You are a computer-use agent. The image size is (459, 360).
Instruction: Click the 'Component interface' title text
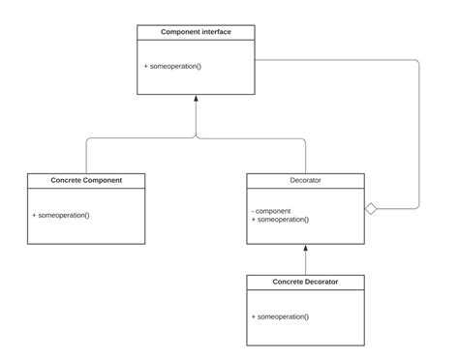196,32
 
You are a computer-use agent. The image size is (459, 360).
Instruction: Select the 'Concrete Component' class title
86,180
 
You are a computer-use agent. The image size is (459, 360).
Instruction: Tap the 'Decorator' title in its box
306,180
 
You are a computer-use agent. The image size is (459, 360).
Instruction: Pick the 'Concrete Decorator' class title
306,282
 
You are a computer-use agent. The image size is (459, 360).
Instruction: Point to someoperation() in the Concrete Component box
61,214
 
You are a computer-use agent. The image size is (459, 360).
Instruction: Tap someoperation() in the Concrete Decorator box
280,316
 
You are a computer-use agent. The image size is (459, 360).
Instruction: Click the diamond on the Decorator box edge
371,208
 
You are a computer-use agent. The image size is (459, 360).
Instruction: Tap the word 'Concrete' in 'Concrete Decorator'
286,282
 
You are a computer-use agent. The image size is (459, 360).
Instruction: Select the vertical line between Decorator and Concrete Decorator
306,262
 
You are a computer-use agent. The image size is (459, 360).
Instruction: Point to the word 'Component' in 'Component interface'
180,32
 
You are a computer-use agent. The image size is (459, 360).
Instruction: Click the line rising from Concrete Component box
86,158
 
